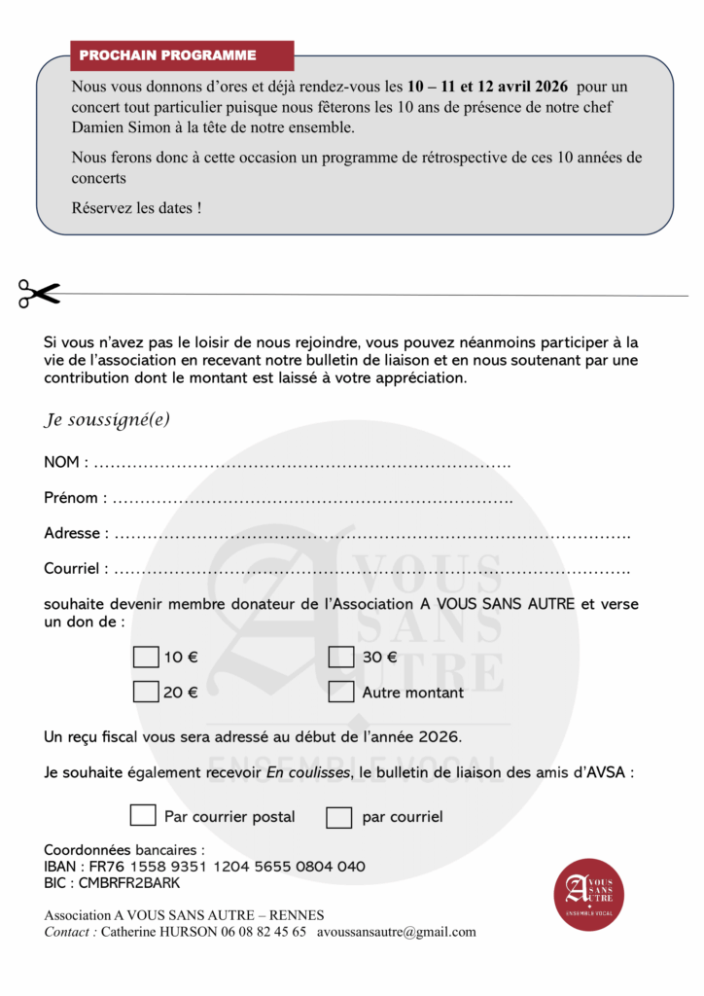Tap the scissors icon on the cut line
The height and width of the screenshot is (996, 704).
coord(39,293)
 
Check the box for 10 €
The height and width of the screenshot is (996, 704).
coord(145,658)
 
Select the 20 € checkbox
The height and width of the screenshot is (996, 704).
coord(145,693)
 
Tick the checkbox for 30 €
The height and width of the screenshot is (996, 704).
coord(340,658)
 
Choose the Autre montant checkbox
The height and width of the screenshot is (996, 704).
coord(340,693)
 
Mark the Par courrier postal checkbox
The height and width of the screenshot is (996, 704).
coord(143,815)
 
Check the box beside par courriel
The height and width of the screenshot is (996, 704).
coord(338,817)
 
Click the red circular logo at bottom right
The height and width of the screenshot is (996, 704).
coord(588,894)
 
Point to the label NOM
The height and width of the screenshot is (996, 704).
coord(62,462)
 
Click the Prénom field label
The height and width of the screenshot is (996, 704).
coord(71,498)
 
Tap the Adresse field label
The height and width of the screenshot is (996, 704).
coord(72,533)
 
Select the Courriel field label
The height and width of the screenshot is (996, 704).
coord(72,568)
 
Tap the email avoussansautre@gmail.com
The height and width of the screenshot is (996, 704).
coord(397,932)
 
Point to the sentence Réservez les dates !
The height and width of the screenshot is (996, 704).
coord(137,208)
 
